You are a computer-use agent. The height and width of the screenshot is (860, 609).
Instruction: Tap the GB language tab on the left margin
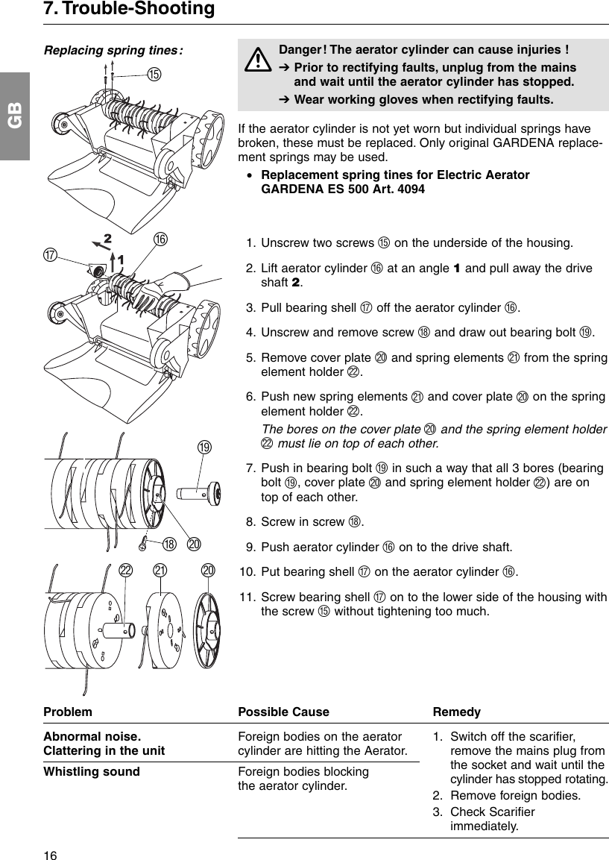15,116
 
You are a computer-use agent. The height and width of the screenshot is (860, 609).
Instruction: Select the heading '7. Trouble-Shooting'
129,9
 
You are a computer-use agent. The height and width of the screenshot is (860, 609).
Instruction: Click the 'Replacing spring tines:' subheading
114,51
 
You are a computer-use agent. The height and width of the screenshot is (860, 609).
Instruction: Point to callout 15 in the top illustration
154,74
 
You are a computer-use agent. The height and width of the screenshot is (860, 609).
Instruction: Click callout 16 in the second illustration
160,239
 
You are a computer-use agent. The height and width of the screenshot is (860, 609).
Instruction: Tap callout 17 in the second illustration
51,255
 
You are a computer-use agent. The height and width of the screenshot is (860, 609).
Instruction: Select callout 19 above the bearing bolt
204,447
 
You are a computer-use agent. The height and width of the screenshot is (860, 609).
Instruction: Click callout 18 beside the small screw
169,544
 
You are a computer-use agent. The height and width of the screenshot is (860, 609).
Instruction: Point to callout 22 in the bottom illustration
126,571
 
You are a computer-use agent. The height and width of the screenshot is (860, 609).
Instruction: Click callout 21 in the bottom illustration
160,571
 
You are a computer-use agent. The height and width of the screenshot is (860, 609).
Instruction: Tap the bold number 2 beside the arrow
107,239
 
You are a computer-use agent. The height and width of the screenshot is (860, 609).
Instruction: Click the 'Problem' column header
68,712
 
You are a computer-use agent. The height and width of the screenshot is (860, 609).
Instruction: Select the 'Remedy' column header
456,712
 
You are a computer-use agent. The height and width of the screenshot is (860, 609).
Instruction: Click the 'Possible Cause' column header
283,712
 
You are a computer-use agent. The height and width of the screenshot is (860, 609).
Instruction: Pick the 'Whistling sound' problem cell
92,771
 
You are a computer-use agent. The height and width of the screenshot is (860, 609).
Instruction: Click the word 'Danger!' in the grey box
302,50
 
